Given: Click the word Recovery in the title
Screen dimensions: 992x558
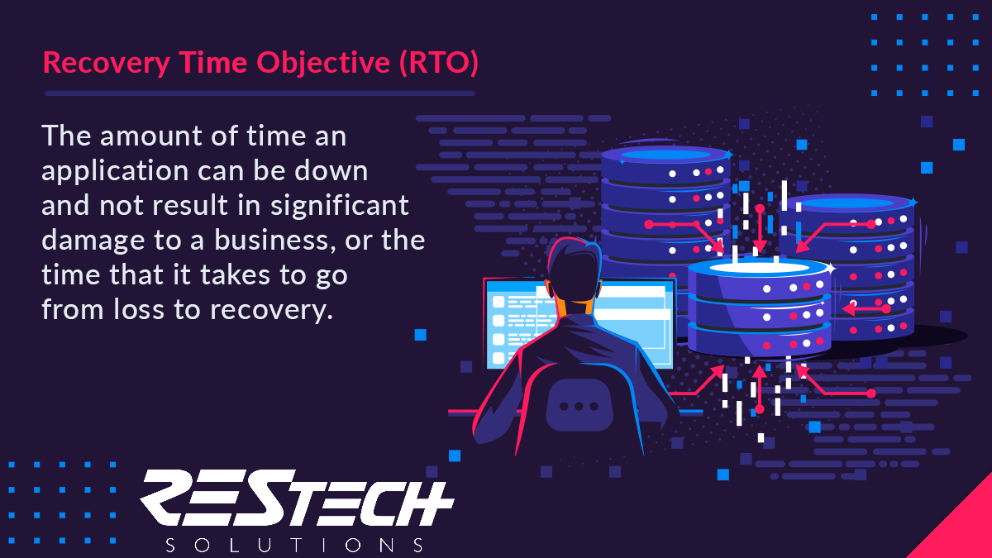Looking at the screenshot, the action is coord(107,63).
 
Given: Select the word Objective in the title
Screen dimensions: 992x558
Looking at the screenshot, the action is coord(323,63).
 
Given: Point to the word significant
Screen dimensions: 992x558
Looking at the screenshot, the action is coord(340,207).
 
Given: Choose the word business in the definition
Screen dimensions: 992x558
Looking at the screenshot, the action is coord(274,240).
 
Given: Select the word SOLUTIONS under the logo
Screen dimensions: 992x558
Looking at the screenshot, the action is coord(294,545).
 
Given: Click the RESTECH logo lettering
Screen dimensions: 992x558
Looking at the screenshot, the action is coord(297,498).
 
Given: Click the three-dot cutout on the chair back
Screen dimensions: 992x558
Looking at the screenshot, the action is coord(579,406).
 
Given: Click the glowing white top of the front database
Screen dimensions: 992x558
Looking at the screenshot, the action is coord(759,268).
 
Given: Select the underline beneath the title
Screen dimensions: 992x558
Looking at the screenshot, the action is coord(260,93).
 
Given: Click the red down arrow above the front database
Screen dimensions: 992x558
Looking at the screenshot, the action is coord(760,228).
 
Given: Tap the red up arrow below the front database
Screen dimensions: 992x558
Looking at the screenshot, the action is coord(760,389).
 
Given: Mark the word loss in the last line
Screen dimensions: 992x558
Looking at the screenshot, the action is coord(139,309).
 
